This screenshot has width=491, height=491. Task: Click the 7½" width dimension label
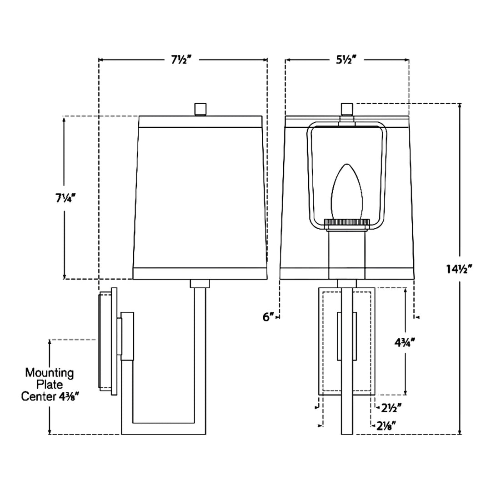point(181,60)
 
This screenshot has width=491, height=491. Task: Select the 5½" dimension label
point(346,60)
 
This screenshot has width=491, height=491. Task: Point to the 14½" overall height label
point(459,269)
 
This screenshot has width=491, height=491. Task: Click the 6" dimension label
point(268,317)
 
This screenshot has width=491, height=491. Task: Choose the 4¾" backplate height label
point(405,343)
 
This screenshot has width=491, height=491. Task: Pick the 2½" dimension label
point(391,408)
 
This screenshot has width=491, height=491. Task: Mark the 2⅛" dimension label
point(386,426)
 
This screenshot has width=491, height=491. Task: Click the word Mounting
point(50,373)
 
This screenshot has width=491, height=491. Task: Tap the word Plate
point(50,384)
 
